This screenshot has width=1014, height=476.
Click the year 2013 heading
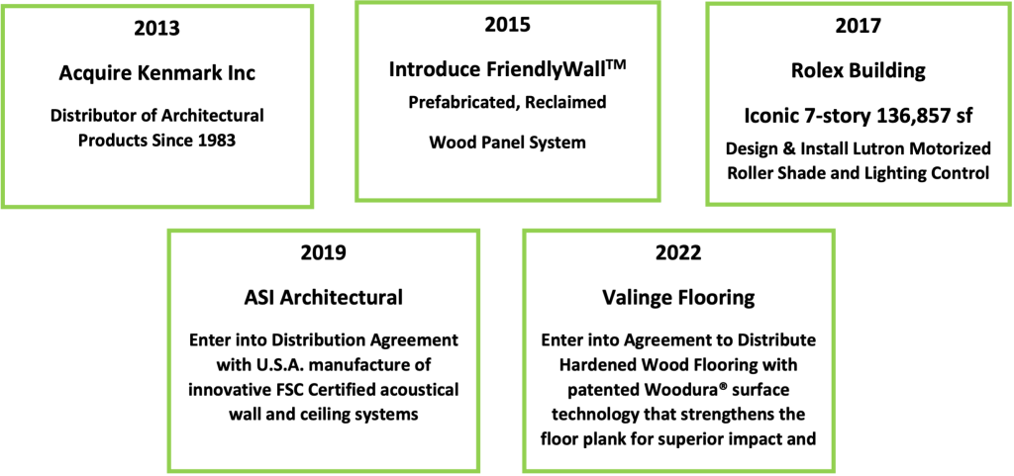click(157, 29)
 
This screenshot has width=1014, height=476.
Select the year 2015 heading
click(508, 25)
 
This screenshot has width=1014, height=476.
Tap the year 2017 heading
click(859, 27)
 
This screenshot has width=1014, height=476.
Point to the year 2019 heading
click(324, 252)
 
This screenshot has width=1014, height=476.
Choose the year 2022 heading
click(679, 252)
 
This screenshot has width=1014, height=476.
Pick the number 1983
click(217, 141)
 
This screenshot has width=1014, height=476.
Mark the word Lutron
click(880, 148)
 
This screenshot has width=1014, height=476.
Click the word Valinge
click(639, 299)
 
